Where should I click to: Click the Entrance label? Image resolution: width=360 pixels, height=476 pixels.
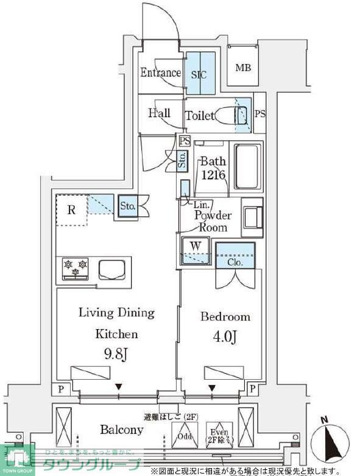click(160, 73)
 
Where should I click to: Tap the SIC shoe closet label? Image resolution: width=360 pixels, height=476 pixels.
click(199, 75)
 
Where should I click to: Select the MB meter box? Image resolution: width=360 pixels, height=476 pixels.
click(243, 67)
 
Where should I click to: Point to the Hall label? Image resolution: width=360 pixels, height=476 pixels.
click(159, 113)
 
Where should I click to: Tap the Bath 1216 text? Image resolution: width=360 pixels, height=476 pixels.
click(213, 169)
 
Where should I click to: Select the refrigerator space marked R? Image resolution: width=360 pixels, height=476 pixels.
click(71, 211)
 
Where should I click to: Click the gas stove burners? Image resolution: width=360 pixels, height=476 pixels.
click(75, 267)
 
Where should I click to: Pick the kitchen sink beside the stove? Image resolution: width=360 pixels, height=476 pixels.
click(111, 268)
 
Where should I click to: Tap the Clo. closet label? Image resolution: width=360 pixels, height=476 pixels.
click(235, 262)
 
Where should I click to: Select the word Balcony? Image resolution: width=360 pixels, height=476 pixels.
click(122, 430)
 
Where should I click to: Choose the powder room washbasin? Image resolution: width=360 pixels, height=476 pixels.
click(252, 216)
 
